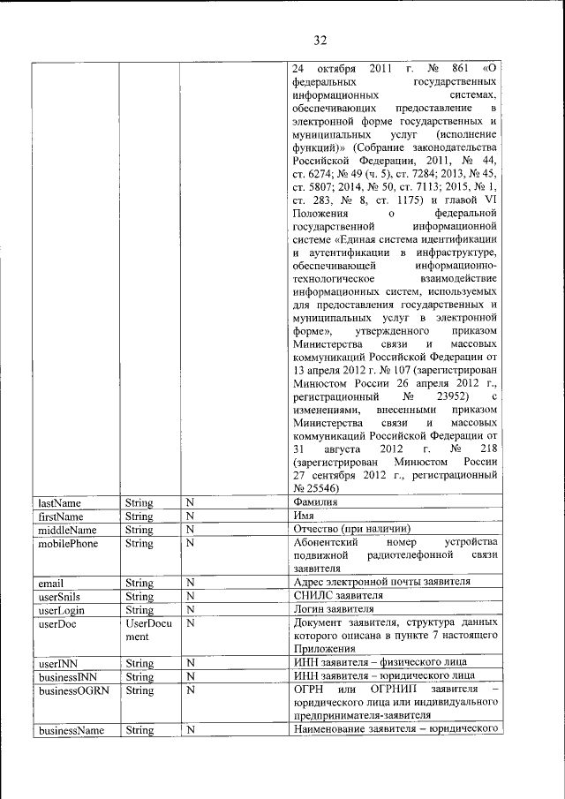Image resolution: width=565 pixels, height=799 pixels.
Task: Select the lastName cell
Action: pos(60,502)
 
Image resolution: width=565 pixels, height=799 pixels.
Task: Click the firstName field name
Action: pos(61,516)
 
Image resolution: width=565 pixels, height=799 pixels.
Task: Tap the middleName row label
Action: pos(67,529)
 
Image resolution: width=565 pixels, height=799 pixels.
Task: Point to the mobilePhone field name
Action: pos(68,542)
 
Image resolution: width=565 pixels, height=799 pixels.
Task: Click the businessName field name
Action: pos(72,730)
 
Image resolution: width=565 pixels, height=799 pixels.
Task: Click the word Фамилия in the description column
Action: pos(316,502)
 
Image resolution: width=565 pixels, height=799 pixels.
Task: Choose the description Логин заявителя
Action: pos(335,609)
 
